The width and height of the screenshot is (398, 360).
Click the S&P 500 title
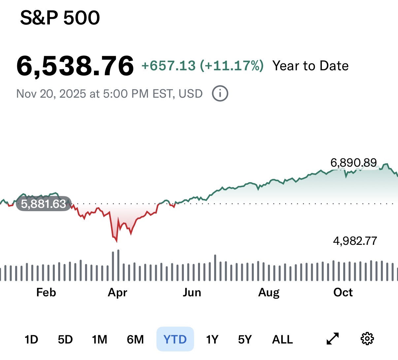[60, 18]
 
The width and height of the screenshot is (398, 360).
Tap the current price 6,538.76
[75, 66]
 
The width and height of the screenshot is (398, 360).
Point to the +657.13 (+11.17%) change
[202, 66]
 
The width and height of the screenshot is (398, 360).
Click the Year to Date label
[310, 66]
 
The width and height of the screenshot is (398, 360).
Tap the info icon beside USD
[220, 94]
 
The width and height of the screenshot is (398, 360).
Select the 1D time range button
[31, 339]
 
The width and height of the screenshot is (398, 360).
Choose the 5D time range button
[65, 339]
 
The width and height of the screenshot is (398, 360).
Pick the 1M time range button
[100, 339]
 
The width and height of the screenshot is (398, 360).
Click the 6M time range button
[135, 339]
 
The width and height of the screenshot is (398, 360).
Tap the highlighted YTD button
[175, 339]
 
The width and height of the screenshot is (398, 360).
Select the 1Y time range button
[212, 339]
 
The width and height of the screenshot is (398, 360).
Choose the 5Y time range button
[245, 339]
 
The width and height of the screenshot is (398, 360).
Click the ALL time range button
[282, 339]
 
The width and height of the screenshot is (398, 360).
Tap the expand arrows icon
[333, 339]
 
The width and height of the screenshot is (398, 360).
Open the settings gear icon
[367, 339]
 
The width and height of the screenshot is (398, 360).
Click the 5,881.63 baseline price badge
[44, 204]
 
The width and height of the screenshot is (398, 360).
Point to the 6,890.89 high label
[353, 163]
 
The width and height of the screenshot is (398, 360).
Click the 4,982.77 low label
[355, 241]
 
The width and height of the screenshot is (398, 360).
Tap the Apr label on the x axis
[117, 292]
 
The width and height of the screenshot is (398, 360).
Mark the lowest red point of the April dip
[116, 241]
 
